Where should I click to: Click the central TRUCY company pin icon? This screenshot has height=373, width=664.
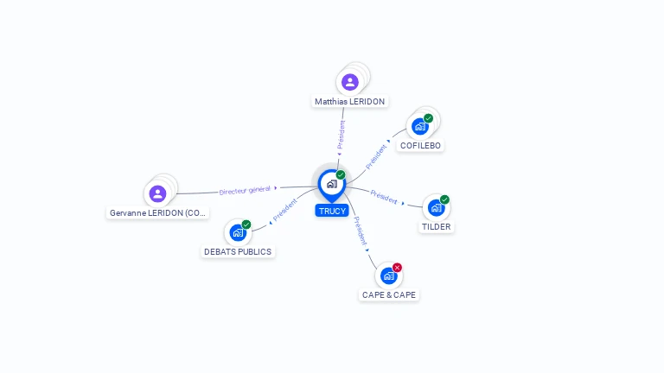tap(331, 184)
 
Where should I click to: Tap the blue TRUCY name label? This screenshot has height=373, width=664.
tap(332, 211)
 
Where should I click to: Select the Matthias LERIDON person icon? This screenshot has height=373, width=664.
tap(349, 82)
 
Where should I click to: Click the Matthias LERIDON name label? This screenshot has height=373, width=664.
tap(349, 102)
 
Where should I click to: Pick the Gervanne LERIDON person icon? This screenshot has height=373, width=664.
tap(157, 193)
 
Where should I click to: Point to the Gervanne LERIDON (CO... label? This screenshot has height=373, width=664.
tap(158, 212)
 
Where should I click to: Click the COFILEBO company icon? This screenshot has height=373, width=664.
tap(420, 127)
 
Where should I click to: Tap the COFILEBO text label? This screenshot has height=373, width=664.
tap(421, 146)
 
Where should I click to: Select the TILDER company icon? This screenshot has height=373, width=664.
tap(436, 207)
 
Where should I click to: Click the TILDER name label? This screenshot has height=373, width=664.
tap(436, 227)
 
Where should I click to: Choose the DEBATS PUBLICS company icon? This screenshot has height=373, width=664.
tap(238, 232)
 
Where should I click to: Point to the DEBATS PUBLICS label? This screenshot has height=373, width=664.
tap(238, 252)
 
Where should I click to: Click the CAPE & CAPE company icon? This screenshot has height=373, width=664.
tap(388, 275)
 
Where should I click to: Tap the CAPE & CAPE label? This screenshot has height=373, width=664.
tap(389, 294)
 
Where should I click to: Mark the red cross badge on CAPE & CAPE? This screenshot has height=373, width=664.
tap(397, 268)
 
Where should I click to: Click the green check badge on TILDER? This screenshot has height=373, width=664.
tap(444, 199)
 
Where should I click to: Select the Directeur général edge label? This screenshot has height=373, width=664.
tap(245, 190)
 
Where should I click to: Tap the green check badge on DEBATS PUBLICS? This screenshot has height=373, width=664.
tap(246, 224)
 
